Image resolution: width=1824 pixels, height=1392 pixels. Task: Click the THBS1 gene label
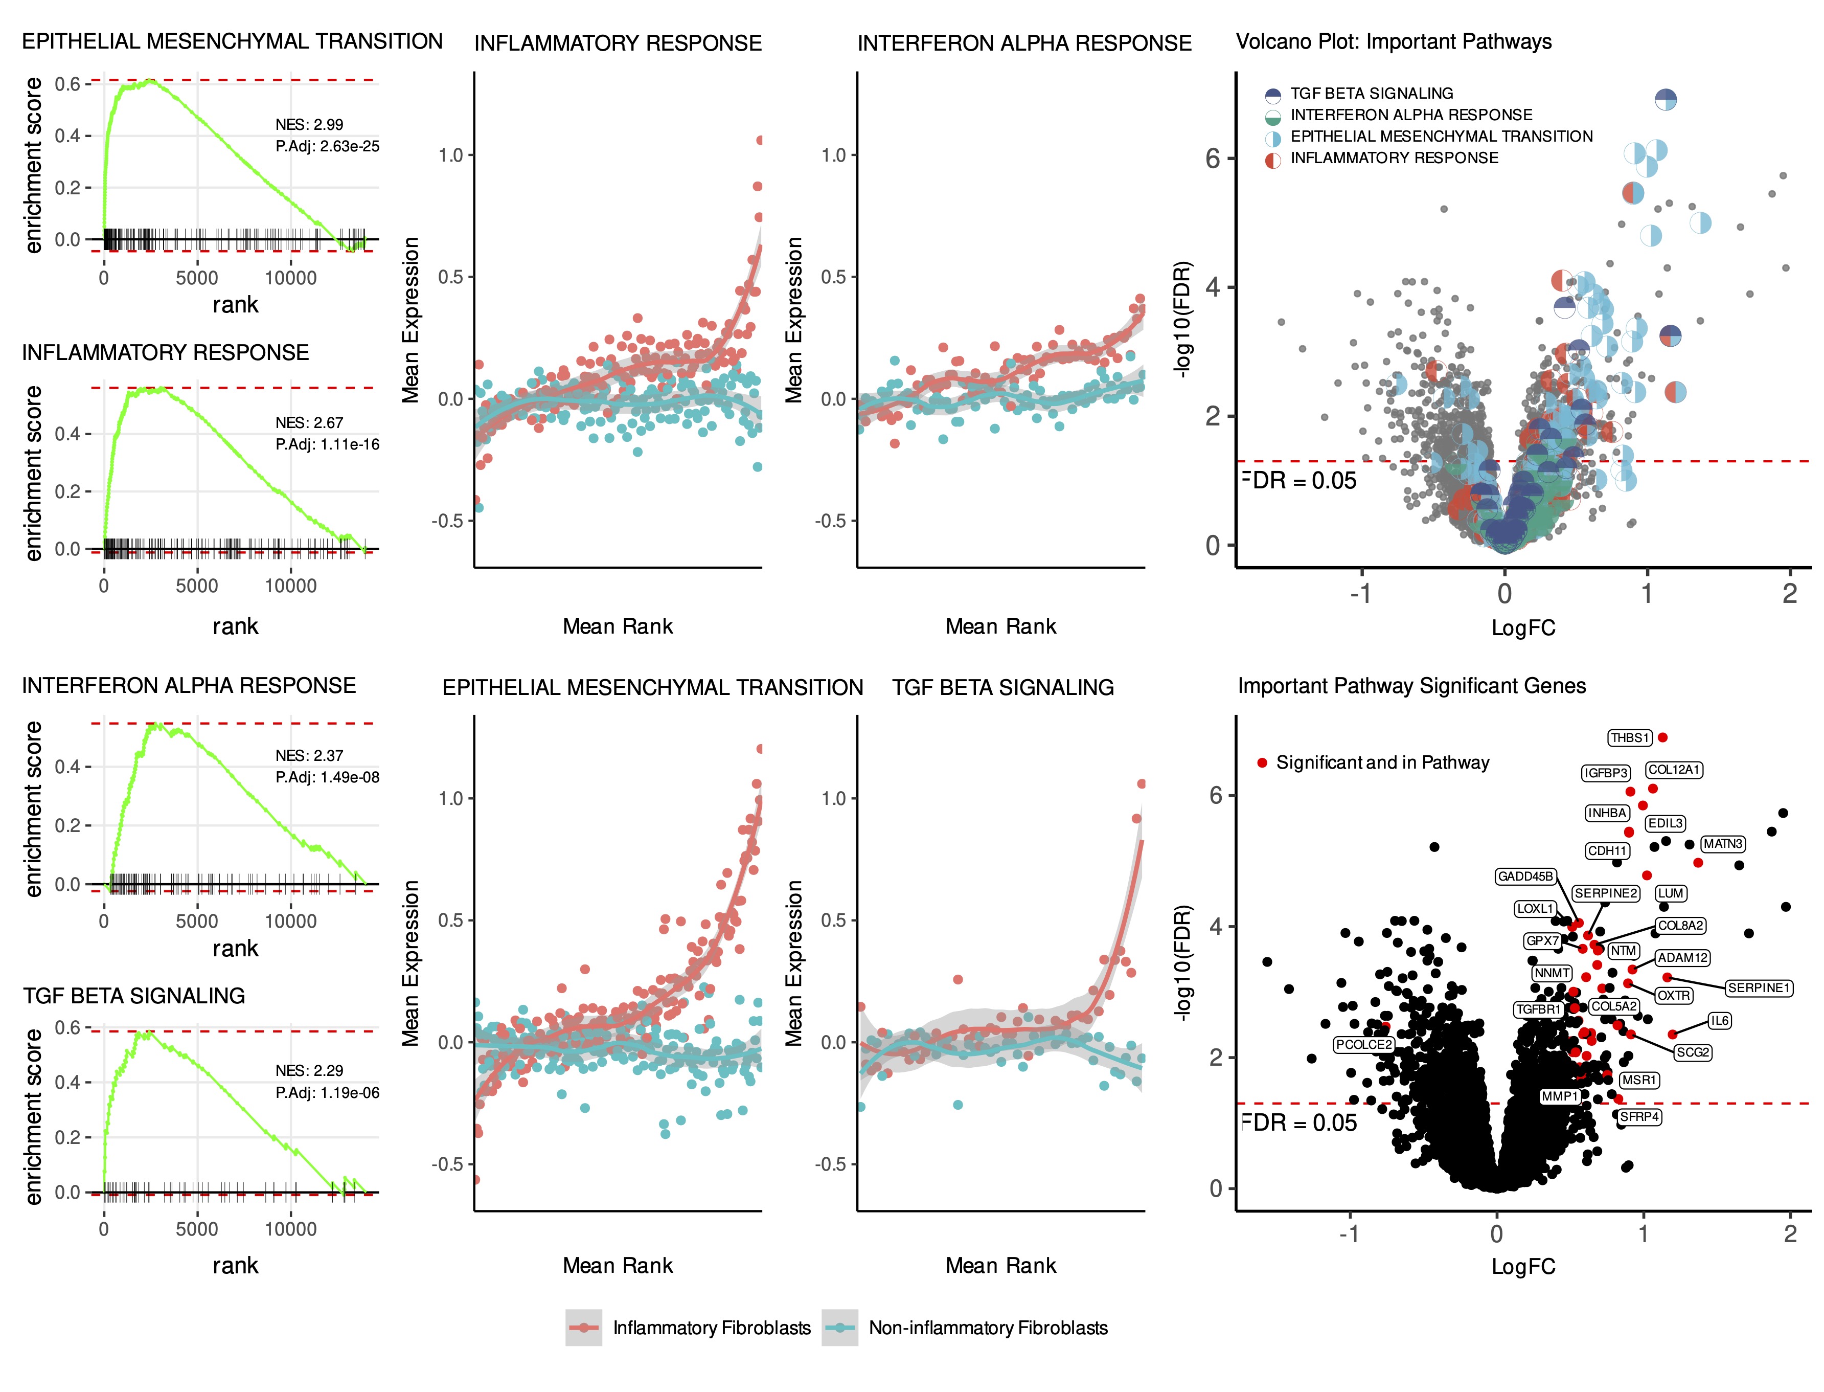pos(1629,737)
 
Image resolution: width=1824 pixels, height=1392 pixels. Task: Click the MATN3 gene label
pos(1723,843)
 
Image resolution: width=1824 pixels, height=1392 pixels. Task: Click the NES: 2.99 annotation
pos(309,124)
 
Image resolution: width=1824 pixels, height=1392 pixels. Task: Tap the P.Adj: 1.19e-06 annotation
pos(327,1093)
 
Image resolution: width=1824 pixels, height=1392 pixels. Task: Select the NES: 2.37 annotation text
pos(309,756)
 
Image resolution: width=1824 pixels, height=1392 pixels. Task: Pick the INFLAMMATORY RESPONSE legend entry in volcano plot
pos(1394,158)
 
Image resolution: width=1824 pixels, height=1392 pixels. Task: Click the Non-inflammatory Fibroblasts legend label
pos(987,1328)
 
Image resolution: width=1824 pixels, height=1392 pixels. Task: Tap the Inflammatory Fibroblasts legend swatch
pos(584,1328)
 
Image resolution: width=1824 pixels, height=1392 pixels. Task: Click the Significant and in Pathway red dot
pos(1262,763)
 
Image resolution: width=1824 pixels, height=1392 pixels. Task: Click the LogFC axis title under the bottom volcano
pos(1522,1266)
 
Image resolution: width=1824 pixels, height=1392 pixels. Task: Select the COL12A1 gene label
pos(1673,770)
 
